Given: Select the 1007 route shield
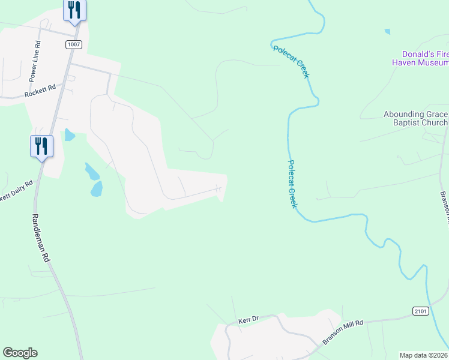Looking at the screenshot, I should [73, 44].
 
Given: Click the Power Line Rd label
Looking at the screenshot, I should [35, 61].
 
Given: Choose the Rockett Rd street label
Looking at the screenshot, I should [40, 91].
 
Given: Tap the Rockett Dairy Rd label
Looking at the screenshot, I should [16, 191].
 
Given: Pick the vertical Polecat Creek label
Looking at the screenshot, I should [292, 184].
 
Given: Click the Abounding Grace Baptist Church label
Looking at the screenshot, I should [416, 119].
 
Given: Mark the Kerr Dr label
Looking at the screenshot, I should [247, 320].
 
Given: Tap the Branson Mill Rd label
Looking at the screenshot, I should [343, 331].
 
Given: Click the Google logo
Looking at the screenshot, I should [20, 353].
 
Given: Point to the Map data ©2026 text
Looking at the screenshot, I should [423, 355].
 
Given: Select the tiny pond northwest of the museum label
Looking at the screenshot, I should [387, 31].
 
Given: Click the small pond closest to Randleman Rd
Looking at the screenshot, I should [70, 135].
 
